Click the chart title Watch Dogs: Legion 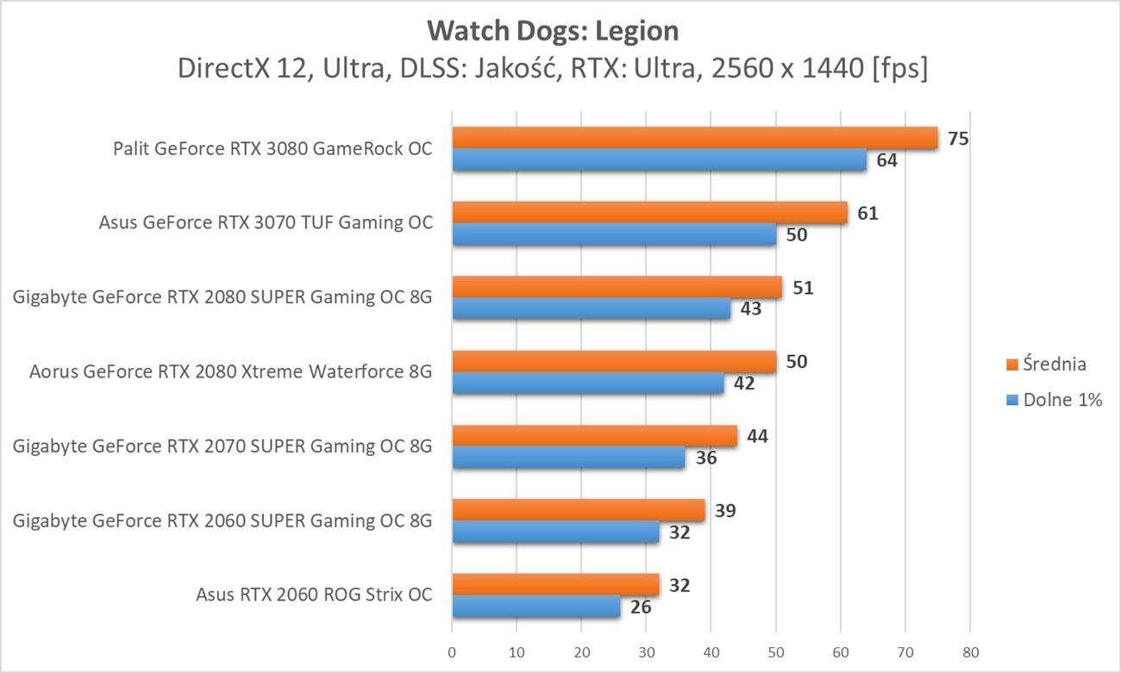click(553, 31)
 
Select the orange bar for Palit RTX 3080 click(694, 138)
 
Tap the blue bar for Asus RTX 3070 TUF click(614, 234)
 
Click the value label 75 click(958, 138)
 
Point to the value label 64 click(886, 160)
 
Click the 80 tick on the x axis click(969, 651)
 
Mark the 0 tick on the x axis click(452, 651)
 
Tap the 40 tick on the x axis click(711, 651)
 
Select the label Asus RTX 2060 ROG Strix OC click(314, 595)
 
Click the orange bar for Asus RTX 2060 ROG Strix click(555, 585)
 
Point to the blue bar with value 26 click(535, 608)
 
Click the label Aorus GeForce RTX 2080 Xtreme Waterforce click(230, 371)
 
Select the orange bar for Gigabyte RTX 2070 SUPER click(594, 436)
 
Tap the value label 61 click(867, 212)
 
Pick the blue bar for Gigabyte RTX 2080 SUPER click(591, 308)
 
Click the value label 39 click(725, 511)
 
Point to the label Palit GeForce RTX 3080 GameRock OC click(272, 149)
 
